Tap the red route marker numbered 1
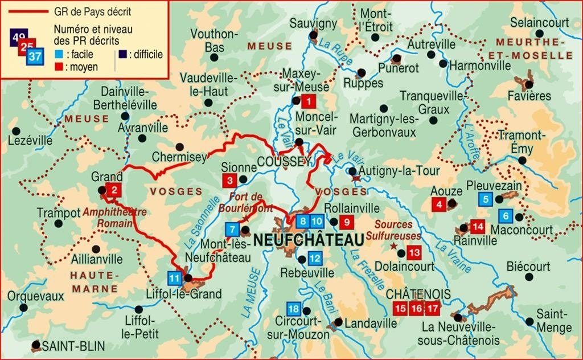point(308,102)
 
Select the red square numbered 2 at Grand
point(114,190)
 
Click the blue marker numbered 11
point(175,279)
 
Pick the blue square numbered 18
point(293,309)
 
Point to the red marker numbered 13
point(414,252)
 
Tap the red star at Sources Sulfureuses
point(393,246)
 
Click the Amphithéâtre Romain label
point(114,217)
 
